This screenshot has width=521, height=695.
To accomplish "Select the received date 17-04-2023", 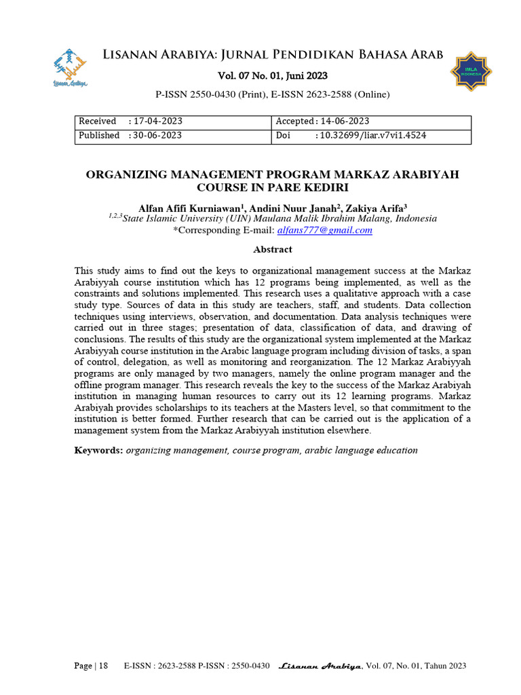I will click(x=158, y=121).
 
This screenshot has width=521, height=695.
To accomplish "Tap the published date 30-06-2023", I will click(x=158, y=135).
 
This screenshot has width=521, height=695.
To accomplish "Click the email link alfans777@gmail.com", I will click(x=325, y=230).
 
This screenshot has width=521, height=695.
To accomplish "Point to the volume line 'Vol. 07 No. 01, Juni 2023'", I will click(x=272, y=76).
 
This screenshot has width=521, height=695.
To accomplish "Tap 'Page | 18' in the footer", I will click(x=91, y=666).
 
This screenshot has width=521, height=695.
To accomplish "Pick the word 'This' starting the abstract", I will click(x=84, y=271).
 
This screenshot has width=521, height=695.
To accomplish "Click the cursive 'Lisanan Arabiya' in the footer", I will click(x=321, y=666).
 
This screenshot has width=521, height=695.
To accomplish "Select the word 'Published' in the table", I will click(x=99, y=135).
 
